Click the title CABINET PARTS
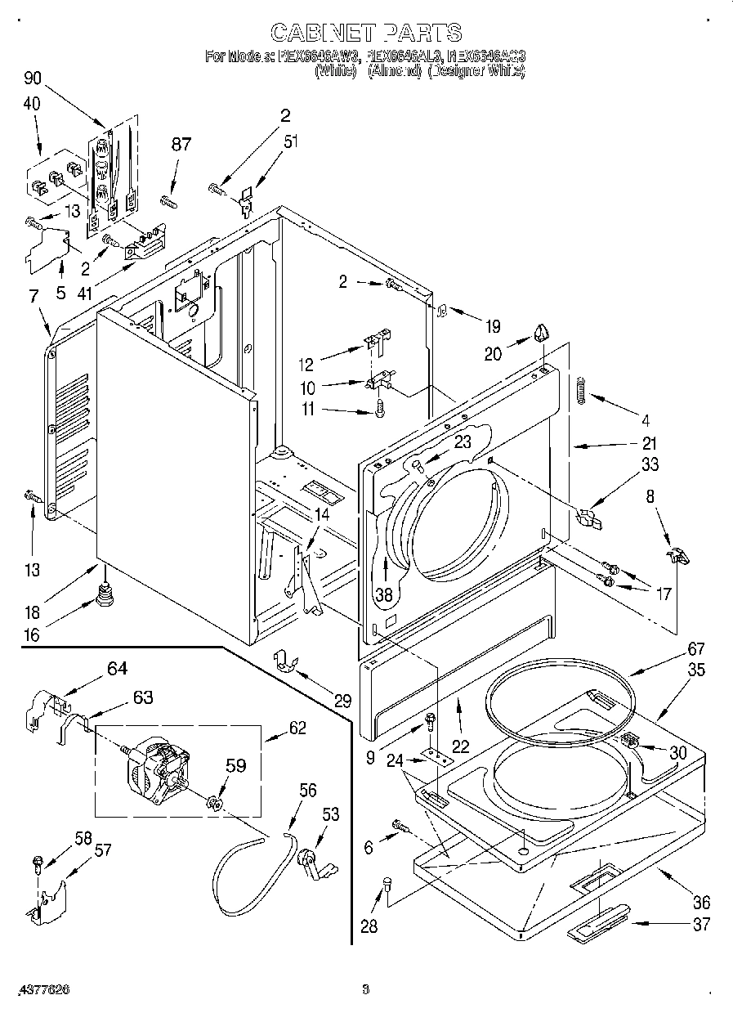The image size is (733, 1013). [x=366, y=33]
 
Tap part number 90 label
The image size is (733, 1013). [x=32, y=79]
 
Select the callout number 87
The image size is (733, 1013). [x=181, y=145]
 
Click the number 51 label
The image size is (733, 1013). [x=290, y=142]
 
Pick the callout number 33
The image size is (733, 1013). [x=650, y=465]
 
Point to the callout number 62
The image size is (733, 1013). [x=297, y=727]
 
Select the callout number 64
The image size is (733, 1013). [x=118, y=670]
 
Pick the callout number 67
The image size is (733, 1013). [x=695, y=649]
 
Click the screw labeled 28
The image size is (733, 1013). [x=387, y=883]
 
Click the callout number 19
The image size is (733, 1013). [x=492, y=327]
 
